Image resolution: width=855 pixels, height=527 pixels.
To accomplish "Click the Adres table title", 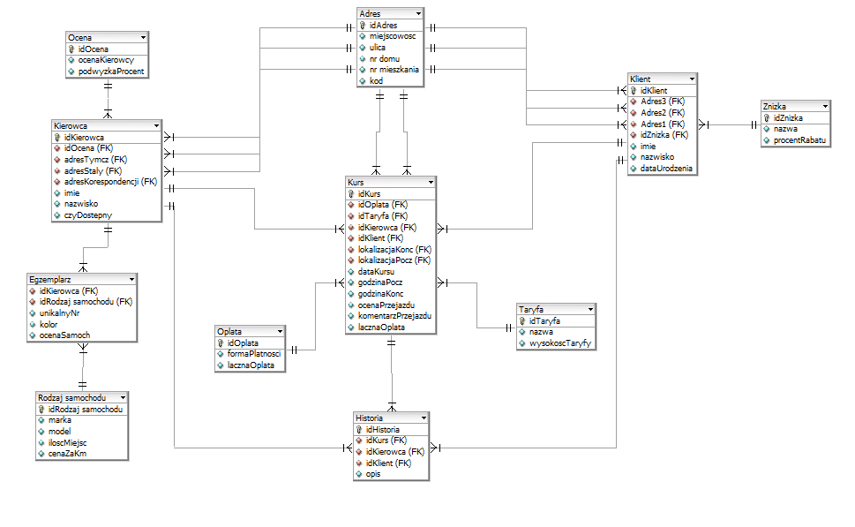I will click(371, 14).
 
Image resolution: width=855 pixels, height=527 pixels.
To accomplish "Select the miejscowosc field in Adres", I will click(393, 37).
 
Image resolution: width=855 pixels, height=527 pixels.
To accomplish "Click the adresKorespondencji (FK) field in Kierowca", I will click(110, 181).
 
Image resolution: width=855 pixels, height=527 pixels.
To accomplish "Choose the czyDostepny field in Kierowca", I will click(87, 215).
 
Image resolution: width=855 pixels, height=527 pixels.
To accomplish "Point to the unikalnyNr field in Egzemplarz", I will click(60, 312).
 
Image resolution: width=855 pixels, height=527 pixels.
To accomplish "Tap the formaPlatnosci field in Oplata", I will click(253, 353).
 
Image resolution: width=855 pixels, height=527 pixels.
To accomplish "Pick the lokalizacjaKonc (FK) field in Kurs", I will click(394, 249).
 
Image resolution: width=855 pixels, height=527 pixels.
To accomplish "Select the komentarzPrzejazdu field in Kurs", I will click(394, 315).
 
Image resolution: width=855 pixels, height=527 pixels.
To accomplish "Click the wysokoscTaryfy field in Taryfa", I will click(559, 343).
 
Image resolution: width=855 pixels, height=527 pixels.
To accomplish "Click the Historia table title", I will click(369, 418).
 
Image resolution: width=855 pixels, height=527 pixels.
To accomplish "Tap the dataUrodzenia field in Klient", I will click(666, 168).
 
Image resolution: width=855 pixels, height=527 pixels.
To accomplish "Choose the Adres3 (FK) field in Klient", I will click(663, 102).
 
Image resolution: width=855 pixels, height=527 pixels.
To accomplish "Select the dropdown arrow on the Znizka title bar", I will click(826, 106).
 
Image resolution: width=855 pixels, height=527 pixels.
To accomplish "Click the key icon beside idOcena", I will click(71, 49).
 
